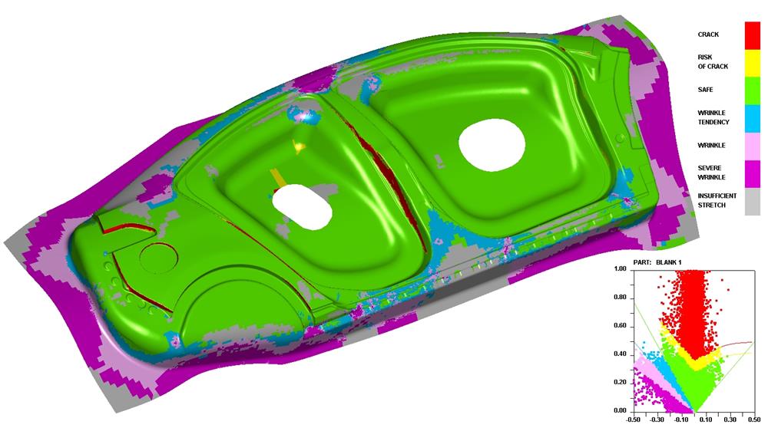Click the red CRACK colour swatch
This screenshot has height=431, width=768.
coord(753,35)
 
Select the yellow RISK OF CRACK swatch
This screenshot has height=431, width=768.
coord(753,63)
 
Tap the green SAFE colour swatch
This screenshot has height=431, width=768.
coord(753,90)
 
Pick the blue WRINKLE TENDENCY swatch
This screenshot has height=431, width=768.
coord(753,118)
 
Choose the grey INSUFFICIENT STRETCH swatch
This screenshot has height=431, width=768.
coord(753,202)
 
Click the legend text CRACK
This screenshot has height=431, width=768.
coord(708,35)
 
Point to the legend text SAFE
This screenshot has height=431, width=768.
coord(705,90)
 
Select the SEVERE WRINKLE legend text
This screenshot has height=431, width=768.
coord(711,173)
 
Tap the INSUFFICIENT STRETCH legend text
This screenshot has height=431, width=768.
coord(717,201)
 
